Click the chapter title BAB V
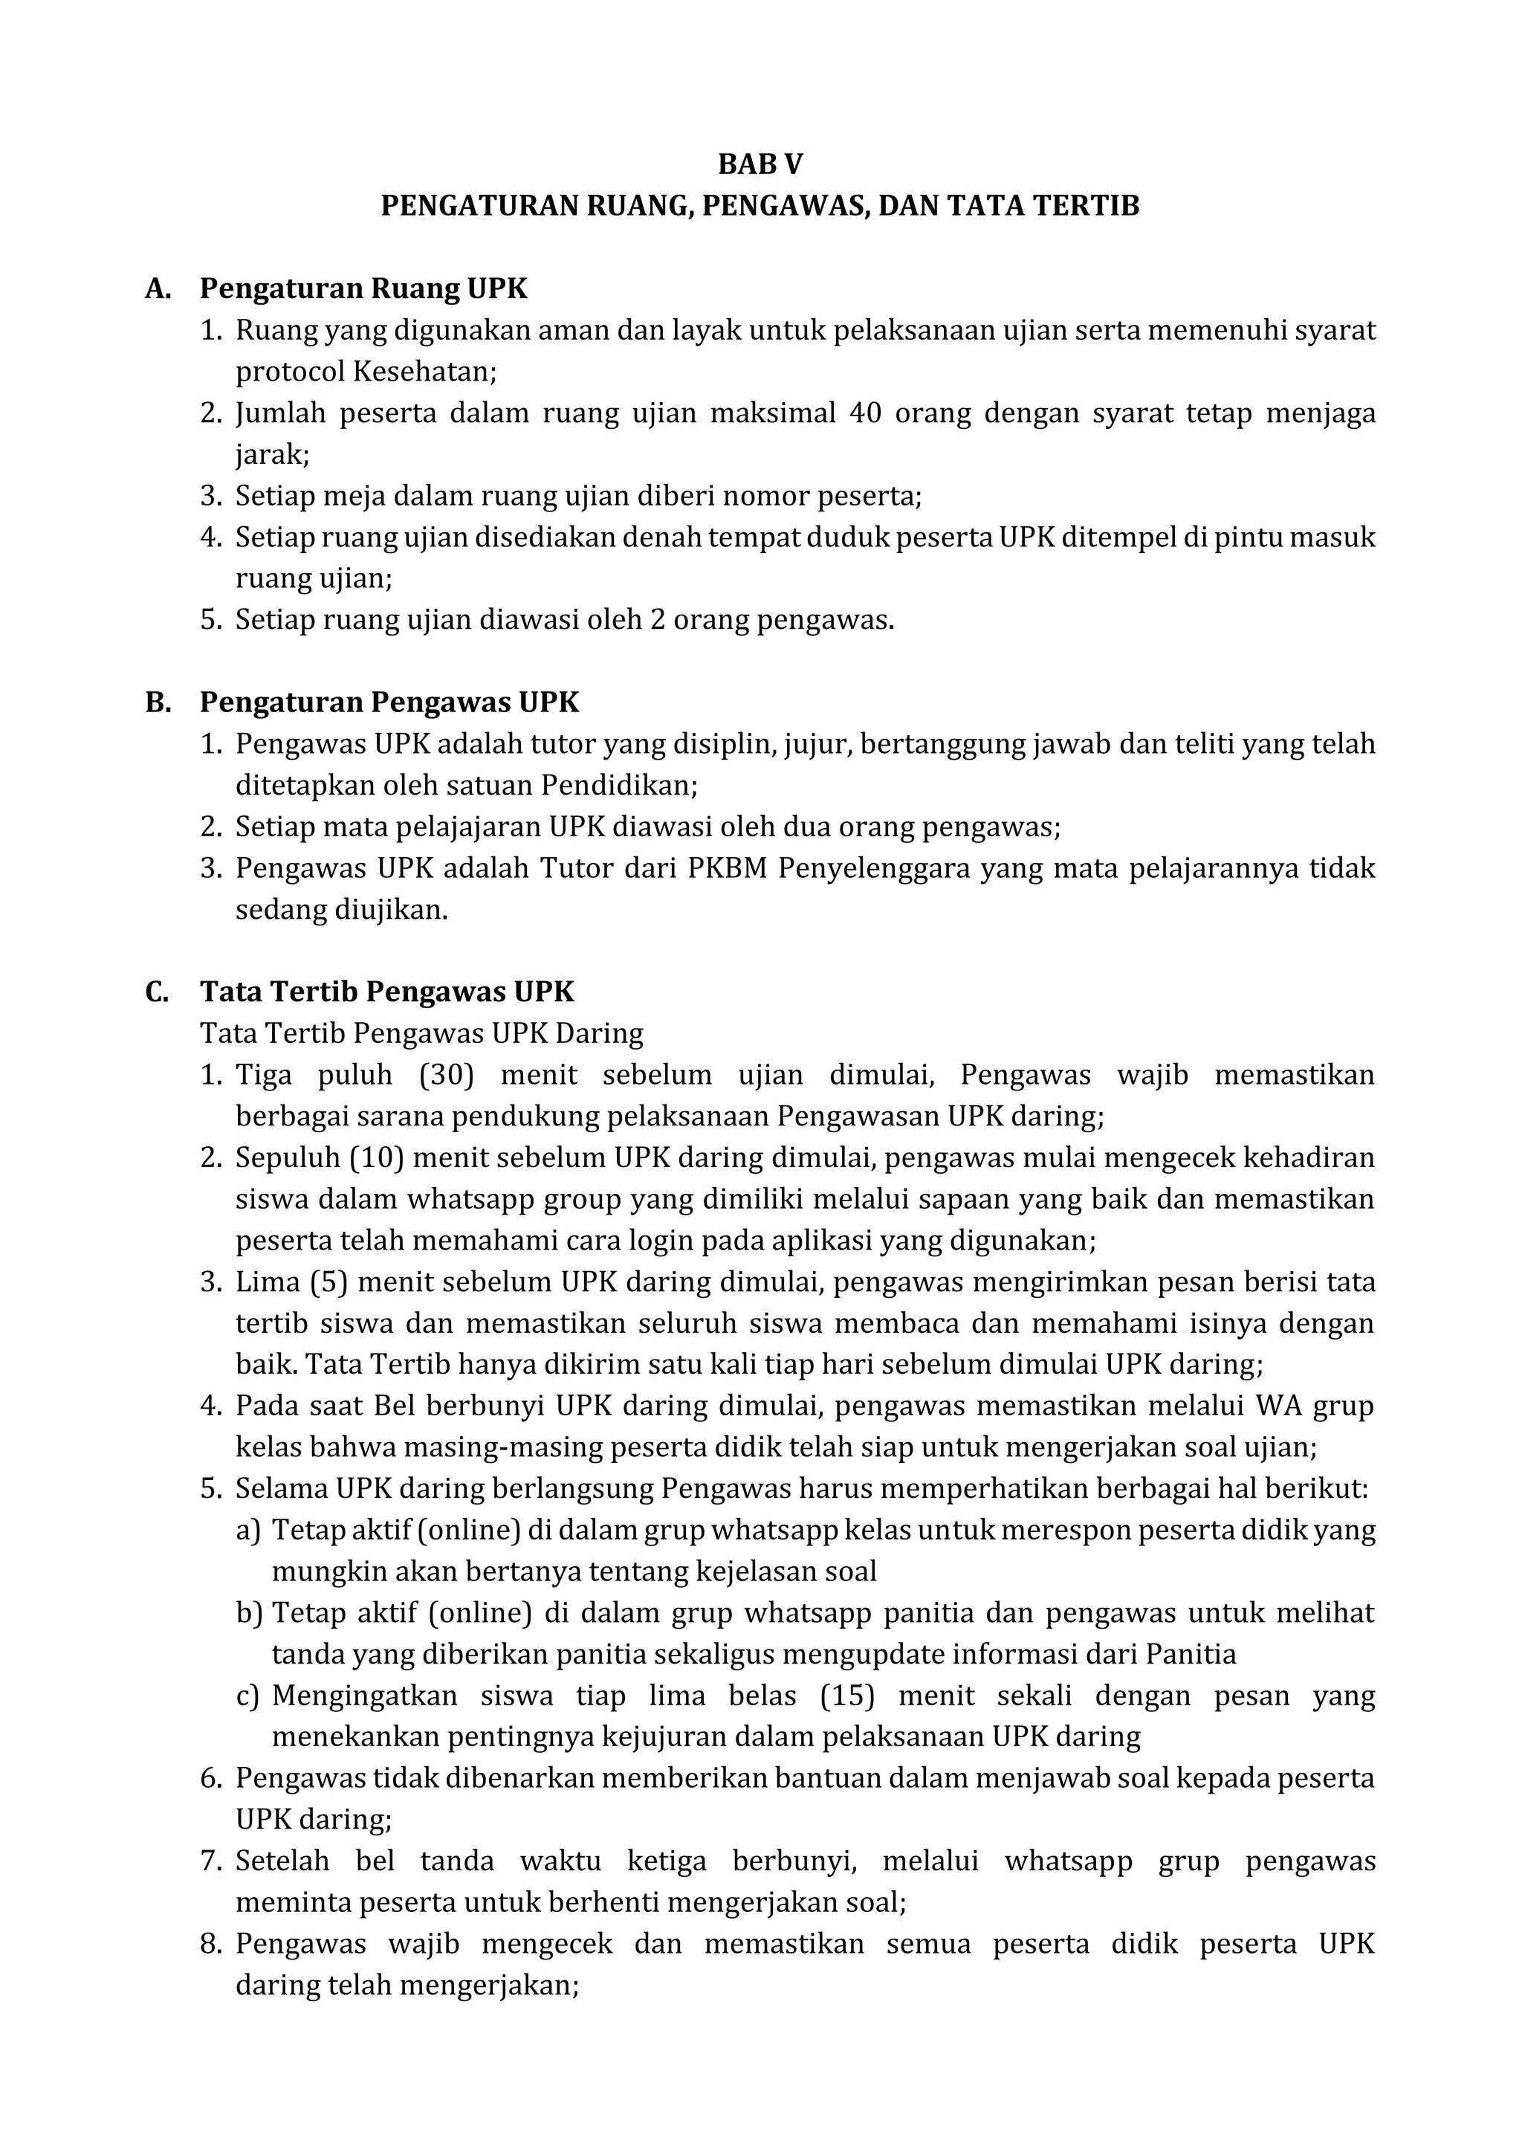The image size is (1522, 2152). pos(760,165)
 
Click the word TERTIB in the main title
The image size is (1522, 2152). pos(1090,206)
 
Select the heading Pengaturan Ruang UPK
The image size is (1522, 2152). pos(363,288)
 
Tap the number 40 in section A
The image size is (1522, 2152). pos(864,413)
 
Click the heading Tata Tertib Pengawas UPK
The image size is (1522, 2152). pos(386,992)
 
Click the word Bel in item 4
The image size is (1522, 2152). pos(394,1406)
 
